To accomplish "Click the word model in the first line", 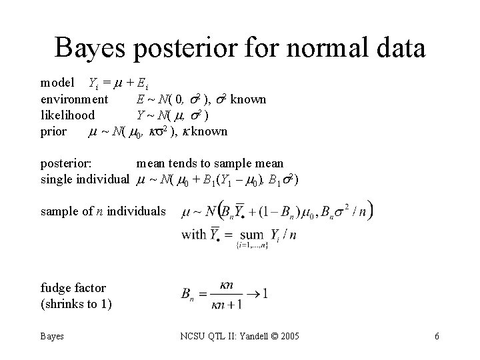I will pyautogui.click(x=57, y=83).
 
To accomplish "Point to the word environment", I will pyautogui.click(x=74, y=99).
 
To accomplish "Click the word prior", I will pyautogui.click(x=53, y=131).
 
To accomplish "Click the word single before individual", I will pyautogui.click(x=56, y=179).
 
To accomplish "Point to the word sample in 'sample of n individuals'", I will pyautogui.click(x=59, y=211).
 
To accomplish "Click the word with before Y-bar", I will pyautogui.click(x=193, y=235).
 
